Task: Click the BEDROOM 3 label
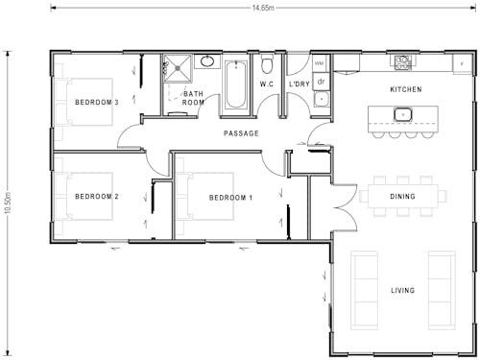click(96, 102)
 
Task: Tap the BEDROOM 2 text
click(96, 197)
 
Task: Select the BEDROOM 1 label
click(230, 197)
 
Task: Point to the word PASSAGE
click(241, 133)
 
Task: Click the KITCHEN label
click(405, 89)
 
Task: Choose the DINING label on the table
click(402, 197)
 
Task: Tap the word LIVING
click(402, 290)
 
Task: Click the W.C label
click(267, 84)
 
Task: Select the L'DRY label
click(299, 84)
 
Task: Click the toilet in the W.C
click(267, 64)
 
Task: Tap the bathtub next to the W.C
click(235, 84)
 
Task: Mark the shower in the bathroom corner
click(176, 68)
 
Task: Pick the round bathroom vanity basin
click(206, 61)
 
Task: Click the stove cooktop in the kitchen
click(403, 62)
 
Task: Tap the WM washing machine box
click(320, 63)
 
